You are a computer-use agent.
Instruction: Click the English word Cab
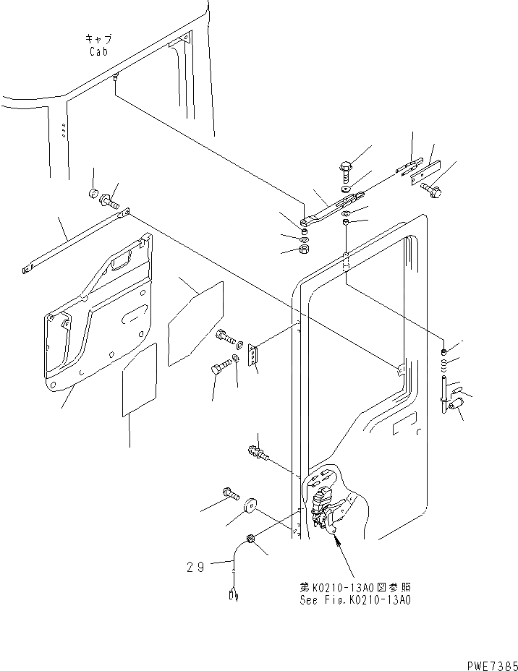pos(99,52)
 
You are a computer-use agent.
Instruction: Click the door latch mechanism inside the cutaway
pos(323,506)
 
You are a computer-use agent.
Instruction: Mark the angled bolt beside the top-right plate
pos(432,191)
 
